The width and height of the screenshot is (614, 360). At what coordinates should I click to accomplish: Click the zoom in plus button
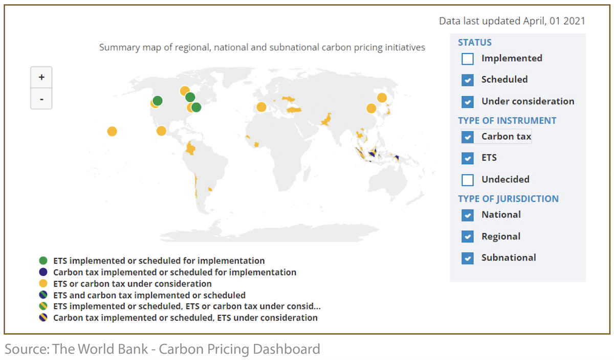pyautogui.click(x=41, y=77)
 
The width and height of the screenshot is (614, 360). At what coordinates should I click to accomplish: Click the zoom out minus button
pyautogui.click(x=41, y=99)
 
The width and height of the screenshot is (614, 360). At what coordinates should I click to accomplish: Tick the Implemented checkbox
pyautogui.click(x=467, y=59)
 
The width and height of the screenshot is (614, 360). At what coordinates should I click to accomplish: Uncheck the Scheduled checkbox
pyautogui.click(x=467, y=80)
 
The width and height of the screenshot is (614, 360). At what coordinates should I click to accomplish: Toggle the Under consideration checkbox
pyautogui.click(x=467, y=102)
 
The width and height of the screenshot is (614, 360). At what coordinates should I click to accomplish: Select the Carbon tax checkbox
pyautogui.click(x=467, y=137)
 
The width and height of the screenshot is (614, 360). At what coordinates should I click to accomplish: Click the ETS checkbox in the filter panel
pyautogui.click(x=467, y=159)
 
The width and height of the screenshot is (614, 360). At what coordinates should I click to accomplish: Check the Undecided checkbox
pyautogui.click(x=467, y=180)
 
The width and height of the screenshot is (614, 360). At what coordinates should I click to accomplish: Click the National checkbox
pyautogui.click(x=467, y=215)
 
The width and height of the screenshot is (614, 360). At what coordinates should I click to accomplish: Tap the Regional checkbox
pyautogui.click(x=467, y=236)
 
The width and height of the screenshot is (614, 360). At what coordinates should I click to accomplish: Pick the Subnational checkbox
pyautogui.click(x=467, y=258)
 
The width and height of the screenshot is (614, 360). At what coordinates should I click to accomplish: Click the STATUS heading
pyautogui.click(x=475, y=42)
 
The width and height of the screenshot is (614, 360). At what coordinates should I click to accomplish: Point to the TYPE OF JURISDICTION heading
pyautogui.click(x=508, y=198)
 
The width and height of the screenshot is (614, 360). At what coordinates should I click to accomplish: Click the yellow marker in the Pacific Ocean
pyautogui.click(x=112, y=131)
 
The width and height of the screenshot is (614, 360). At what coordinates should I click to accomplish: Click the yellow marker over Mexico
pyautogui.click(x=161, y=131)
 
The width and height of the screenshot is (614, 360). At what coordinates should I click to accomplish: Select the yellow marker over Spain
pyautogui.click(x=261, y=107)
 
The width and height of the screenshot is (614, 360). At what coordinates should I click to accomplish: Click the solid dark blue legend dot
pyautogui.click(x=43, y=272)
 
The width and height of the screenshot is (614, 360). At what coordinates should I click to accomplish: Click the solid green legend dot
pyautogui.click(x=43, y=260)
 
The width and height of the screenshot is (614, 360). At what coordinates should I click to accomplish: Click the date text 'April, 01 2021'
pyautogui.click(x=554, y=21)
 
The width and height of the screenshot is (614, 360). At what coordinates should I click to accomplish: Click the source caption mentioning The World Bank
pyautogui.click(x=162, y=349)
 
